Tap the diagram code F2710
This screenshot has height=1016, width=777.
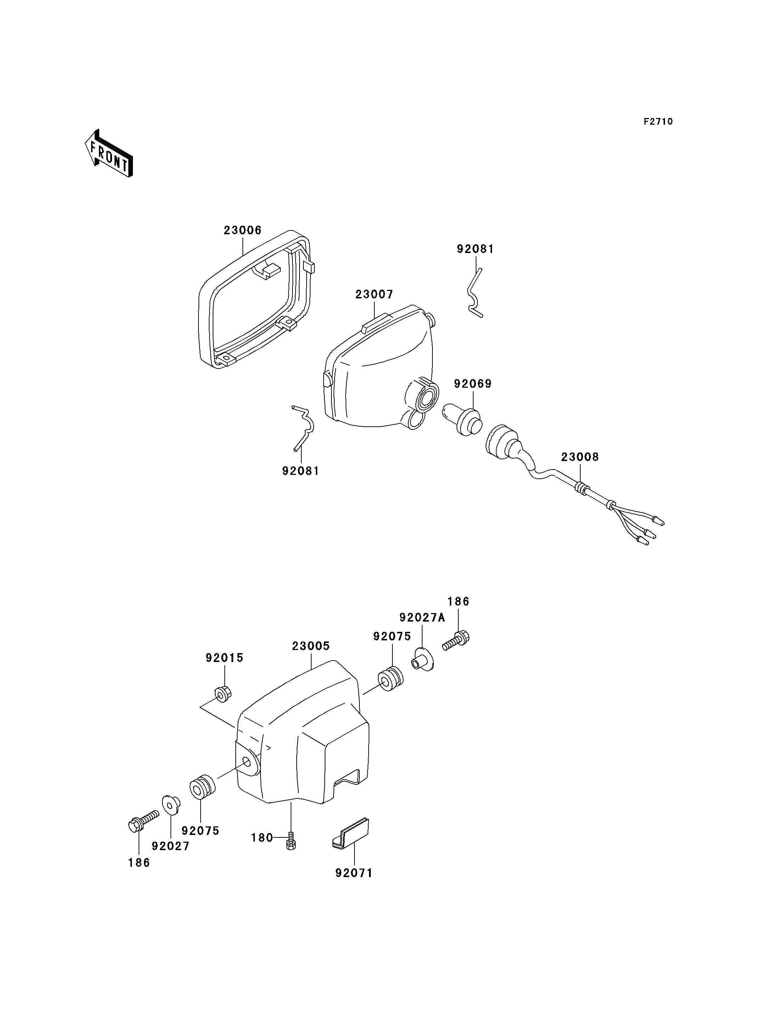pyautogui.click(x=658, y=122)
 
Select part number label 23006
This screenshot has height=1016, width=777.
pyautogui.click(x=243, y=230)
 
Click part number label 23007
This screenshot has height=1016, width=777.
pyautogui.click(x=374, y=294)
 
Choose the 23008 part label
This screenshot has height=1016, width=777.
pyautogui.click(x=580, y=457)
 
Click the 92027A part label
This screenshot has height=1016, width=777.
pyautogui.click(x=422, y=617)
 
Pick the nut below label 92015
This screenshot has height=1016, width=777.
pyautogui.click(x=223, y=695)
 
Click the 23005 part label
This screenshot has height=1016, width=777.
pyautogui.click(x=311, y=646)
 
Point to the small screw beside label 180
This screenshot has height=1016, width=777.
pyautogui.click(x=290, y=840)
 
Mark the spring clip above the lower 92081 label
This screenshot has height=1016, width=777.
pyautogui.click(x=303, y=428)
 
